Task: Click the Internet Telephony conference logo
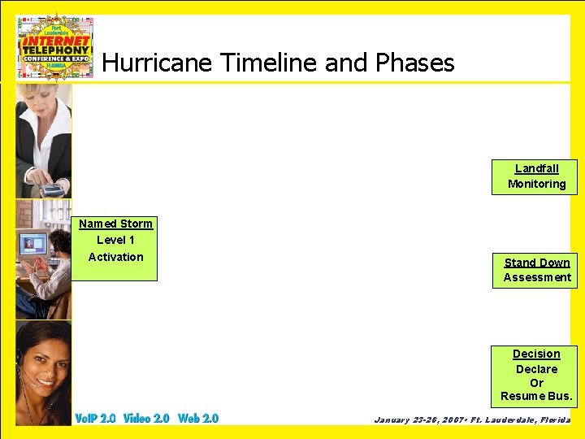pos(55,46)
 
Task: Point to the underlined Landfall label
pos(536,168)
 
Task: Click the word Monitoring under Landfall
pos(536,184)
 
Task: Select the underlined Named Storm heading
pos(115,224)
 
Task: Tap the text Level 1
pos(115,240)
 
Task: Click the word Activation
pos(115,257)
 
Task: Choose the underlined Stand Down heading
pos(536,263)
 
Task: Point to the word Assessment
pos(536,277)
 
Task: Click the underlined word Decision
pos(536,354)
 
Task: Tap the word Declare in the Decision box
pos(536,369)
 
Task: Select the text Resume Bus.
pos(536,397)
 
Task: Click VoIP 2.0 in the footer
pos(95,418)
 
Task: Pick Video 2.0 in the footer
pos(146,418)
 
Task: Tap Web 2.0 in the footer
pos(198,418)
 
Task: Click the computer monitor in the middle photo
pos(32,244)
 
